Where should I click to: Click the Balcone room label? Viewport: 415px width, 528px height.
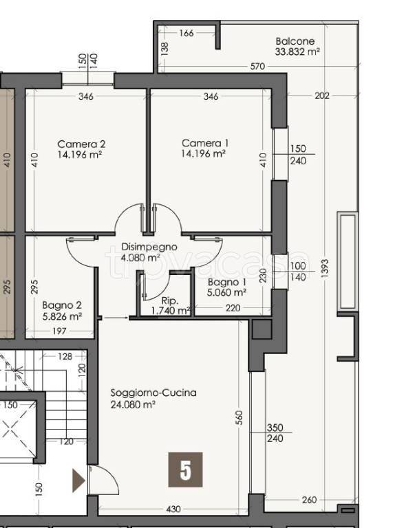point(295,41)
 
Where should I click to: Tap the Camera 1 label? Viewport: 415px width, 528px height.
point(205,143)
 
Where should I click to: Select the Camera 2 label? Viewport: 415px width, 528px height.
point(81,144)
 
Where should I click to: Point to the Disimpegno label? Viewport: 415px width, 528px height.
point(149,247)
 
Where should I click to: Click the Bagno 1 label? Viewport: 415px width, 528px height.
point(226,282)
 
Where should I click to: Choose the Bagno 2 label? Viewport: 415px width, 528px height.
point(62,305)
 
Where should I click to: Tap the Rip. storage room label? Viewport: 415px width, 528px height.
point(170,300)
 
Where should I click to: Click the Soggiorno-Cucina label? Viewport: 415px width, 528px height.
point(153,393)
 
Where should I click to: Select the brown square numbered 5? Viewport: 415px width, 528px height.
point(185,470)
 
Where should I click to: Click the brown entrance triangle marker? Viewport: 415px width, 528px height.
point(78,481)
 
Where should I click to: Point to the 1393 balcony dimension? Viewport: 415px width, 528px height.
point(325,268)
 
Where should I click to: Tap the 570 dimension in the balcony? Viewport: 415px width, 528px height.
point(257,66)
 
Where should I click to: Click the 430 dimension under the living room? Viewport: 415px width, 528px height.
point(173,509)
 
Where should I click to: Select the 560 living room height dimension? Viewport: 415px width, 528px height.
point(239,417)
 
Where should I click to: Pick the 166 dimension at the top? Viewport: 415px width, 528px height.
point(187,33)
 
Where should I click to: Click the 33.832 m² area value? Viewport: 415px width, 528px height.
point(297,52)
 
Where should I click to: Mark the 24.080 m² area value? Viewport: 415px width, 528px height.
point(133,404)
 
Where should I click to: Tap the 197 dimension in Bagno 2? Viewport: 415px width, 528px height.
point(59,331)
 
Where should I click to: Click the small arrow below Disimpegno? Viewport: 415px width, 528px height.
point(116,318)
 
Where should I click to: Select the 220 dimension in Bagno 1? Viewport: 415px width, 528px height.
point(233,308)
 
